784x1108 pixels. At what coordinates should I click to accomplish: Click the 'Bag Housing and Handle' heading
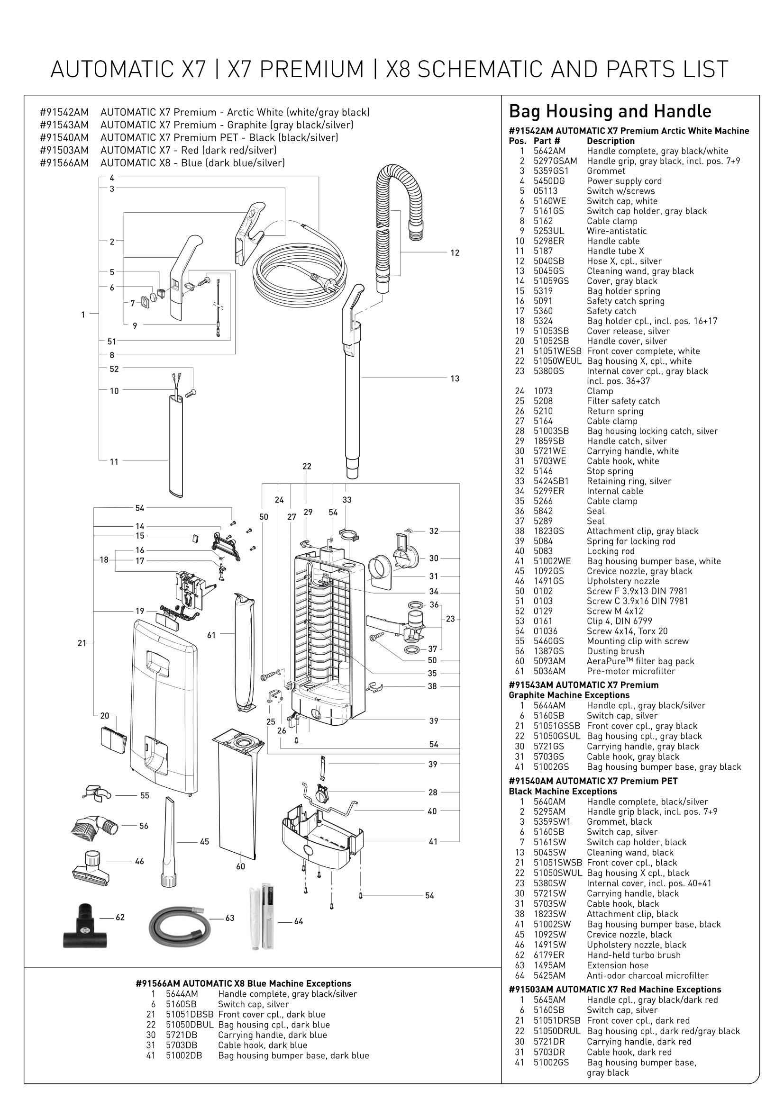click(610, 111)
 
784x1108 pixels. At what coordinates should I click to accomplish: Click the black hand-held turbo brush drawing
click(82, 926)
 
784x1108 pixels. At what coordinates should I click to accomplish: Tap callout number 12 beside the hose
click(455, 253)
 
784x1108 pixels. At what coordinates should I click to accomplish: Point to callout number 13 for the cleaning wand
click(455, 379)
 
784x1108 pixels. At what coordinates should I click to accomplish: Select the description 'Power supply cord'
click(624, 181)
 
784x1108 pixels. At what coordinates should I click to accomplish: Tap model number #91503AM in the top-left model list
click(64, 150)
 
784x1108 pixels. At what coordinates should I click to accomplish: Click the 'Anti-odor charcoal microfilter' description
click(647, 975)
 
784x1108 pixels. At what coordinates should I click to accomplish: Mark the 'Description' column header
click(610, 141)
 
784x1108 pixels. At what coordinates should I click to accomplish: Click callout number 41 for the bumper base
click(433, 842)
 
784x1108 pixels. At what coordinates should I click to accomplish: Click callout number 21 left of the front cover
click(82, 643)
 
